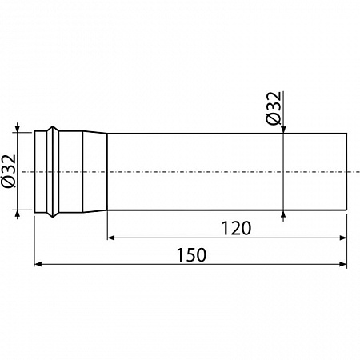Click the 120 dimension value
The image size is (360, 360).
[x=236, y=228]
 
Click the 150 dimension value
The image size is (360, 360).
[x=191, y=254]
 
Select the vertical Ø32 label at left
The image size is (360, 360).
[x=9, y=171]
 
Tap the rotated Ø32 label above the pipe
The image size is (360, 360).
[x=274, y=108]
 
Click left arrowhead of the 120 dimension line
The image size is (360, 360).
[x=110, y=238]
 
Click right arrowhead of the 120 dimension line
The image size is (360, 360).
[x=343, y=238]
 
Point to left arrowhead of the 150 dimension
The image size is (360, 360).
[x=38, y=264]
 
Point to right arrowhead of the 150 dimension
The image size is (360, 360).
[x=343, y=264]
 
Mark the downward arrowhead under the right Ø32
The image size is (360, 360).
[x=283, y=129]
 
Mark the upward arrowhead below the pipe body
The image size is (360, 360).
[x=283, y=214]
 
